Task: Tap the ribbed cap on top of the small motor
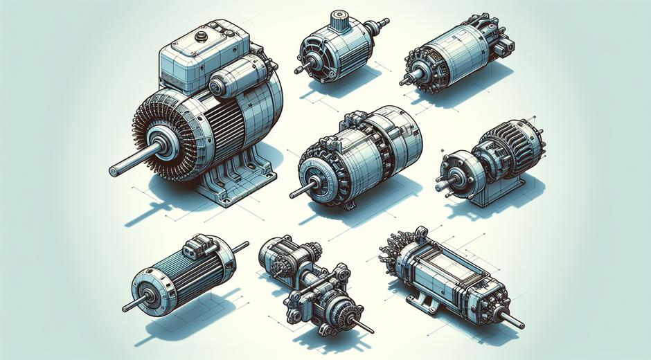(339, 19)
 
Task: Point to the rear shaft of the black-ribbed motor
(240, 245)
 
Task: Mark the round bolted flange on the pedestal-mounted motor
(455, 170)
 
